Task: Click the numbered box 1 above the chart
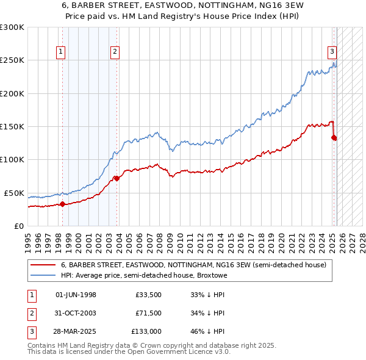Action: tap(62, 52)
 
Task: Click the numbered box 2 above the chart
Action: tap(115, 52)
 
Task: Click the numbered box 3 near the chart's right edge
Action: tap(332, 52)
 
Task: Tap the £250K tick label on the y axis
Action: tap(12, 60)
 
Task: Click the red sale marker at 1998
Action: tap(62, 204)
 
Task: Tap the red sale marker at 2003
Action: tap(117, 179)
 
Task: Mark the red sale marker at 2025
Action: tap(334, 138)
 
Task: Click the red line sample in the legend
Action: tap(43, 265)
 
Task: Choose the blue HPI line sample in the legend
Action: tap(43, 276)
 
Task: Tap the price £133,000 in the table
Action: tap(146, 331)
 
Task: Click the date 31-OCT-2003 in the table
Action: tap(76, 313)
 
